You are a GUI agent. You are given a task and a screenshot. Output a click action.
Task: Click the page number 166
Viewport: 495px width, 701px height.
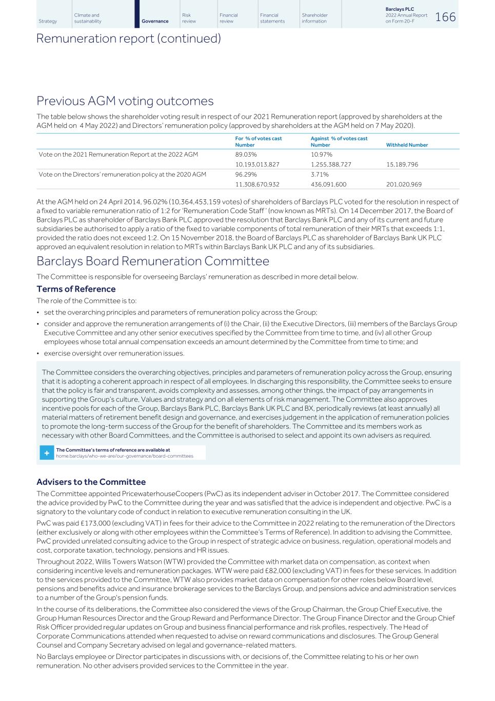click(445, 17)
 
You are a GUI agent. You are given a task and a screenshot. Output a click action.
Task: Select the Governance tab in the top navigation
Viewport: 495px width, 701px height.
click(155, 22)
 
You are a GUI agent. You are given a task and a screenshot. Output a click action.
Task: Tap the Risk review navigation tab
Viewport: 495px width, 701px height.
click(189, 18)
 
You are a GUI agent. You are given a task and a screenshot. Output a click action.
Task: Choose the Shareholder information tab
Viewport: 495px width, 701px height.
click(314, 18)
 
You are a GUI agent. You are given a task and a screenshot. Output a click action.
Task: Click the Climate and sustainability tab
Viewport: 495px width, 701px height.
click(88, 18)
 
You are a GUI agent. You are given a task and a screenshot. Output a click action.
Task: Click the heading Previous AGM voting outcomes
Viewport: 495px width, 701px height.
click(125, 101)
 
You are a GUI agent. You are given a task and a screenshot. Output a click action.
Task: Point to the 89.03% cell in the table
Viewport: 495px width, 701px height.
click(246, 155)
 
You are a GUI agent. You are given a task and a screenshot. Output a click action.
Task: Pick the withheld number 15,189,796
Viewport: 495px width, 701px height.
click(402, 164)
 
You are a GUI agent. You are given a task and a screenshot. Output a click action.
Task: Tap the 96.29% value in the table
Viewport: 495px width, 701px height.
click(246, 175)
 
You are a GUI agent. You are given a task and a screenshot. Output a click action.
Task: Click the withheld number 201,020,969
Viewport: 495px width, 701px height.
click(404, 184)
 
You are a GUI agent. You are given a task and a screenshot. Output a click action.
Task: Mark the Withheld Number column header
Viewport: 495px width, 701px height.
click(407, 145)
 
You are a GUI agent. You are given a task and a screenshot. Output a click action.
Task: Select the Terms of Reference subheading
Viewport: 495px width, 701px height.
click(76, 289)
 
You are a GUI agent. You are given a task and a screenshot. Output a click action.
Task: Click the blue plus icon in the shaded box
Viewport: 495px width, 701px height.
click(47, 453)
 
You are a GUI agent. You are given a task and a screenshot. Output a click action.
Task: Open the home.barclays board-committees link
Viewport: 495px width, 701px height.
click(125, 456)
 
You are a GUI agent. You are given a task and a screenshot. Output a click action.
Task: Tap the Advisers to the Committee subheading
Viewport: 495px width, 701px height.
click(91, 482)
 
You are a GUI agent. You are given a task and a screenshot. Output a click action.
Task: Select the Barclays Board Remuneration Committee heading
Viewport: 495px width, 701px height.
click(153, 261)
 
